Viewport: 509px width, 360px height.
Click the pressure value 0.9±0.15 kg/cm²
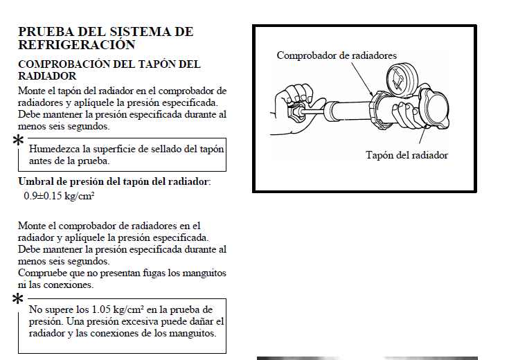(x=59, y=196)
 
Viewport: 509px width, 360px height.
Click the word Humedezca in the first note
(x=53, y=148)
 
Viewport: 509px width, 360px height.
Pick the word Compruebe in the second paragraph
(x=40, y=273)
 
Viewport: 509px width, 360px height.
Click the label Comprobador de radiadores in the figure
(x=337, y=55)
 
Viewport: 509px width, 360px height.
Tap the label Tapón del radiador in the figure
(x=407, y=155)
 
